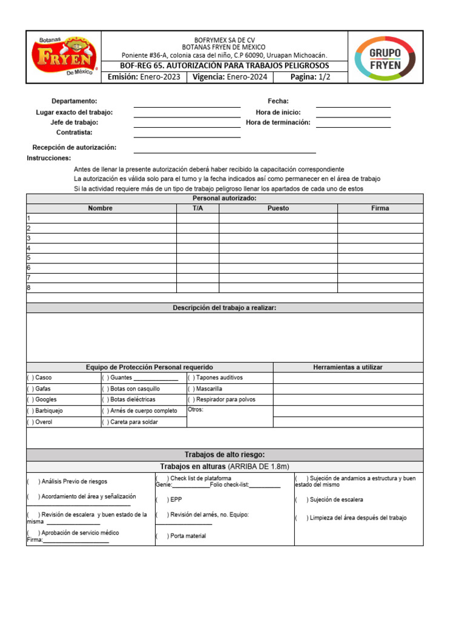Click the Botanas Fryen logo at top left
click(65, 56)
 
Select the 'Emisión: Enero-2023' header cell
click(143, 77)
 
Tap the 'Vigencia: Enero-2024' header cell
click(229, 77)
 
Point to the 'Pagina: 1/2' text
click(310, 77)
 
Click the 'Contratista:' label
click(74, 132)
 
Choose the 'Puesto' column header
click(278, 208)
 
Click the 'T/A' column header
click(197, 208)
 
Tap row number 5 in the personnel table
click(28, 258)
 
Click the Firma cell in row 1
click(380, 219)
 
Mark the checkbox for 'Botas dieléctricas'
click(105, 400)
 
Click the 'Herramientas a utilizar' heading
click(348, 367)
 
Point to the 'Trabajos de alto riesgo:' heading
click(224, 455)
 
